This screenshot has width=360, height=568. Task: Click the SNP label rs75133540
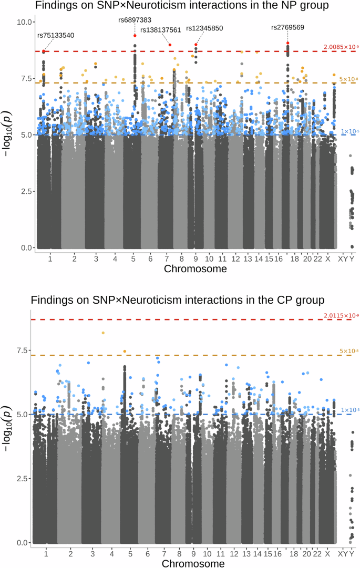pyautogui.click(x=55, y=35)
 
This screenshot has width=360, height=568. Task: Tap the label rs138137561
pyautogui.click(x=160, y=30)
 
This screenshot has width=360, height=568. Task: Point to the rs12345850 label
pyautogui.click(x=205, y=27)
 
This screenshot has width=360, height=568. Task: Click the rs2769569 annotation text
pyautogui.click(x=287, y=27)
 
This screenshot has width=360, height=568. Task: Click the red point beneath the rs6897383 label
pyautogui.click(x=135, y=36)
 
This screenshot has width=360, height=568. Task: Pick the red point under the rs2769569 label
pyautogui.click(x=288, y=43)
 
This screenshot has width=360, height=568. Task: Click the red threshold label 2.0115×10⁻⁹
pyautogui.click(x=342, y=315)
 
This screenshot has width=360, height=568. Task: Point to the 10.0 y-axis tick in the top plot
pyautogui.click(x=25, y=22)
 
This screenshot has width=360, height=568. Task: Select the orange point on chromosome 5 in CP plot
pyautogui.click(x=125, y=352)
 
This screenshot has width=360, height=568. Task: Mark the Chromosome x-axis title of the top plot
pyautogui.click(x=196, y=269)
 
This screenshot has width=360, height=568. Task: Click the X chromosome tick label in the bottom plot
pyautogui.click(x=327, y=554)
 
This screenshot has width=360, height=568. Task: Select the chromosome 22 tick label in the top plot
pyautogui.click(x=317, y=259)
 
